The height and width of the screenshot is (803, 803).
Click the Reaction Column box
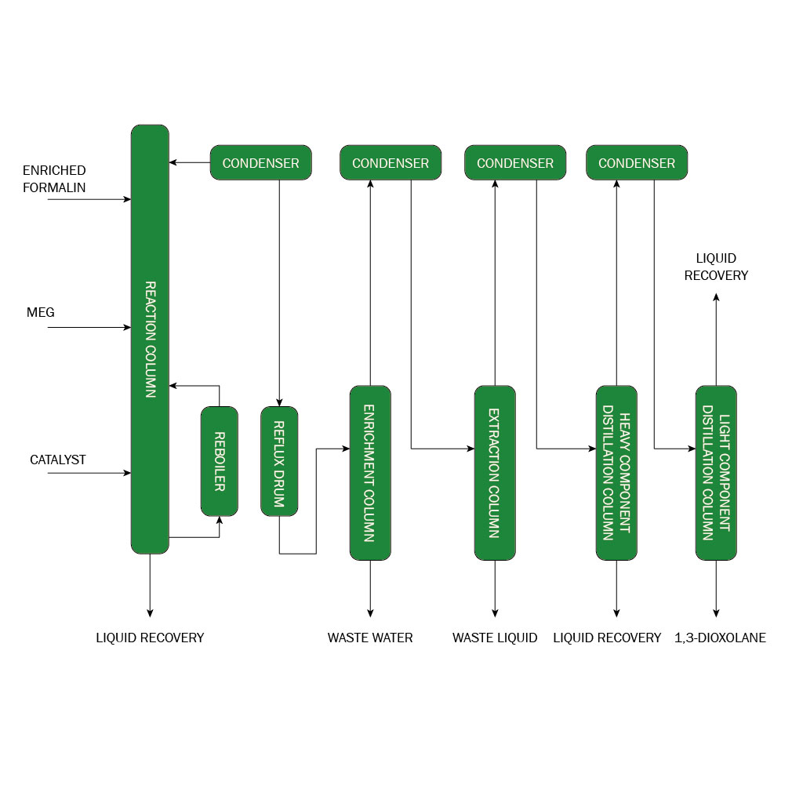click(150, 339)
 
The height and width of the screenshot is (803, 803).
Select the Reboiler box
click(220, 461)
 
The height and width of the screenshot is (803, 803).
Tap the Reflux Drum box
click(279, 461)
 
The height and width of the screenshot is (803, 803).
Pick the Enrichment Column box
click(370, 473)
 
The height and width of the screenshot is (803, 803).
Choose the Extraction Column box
click(495, 473)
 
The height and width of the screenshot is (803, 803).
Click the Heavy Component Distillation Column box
click(616, 473)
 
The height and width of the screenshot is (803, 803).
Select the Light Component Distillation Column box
click(716, 473)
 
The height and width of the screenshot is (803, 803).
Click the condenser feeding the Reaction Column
click(260, 162)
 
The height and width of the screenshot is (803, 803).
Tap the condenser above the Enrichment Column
click(391, 162)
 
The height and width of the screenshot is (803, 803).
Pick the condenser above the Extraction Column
click(515, 162)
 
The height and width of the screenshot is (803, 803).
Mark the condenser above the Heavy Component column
click(637, 162)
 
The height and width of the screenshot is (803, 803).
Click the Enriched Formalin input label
click(54, 179)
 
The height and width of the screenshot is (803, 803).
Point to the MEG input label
click(41, 312)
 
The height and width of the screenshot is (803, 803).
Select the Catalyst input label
click(58, 460)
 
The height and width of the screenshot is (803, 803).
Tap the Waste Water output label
click(370, 638)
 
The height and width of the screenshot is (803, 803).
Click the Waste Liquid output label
click(495, 638)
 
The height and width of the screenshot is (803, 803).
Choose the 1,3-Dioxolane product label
click(720, 638)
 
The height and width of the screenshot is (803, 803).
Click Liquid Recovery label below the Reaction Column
click(150, 638)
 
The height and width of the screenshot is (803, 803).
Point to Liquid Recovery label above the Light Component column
click(716, 267)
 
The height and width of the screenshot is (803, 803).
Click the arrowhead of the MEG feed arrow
click(128, 327)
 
